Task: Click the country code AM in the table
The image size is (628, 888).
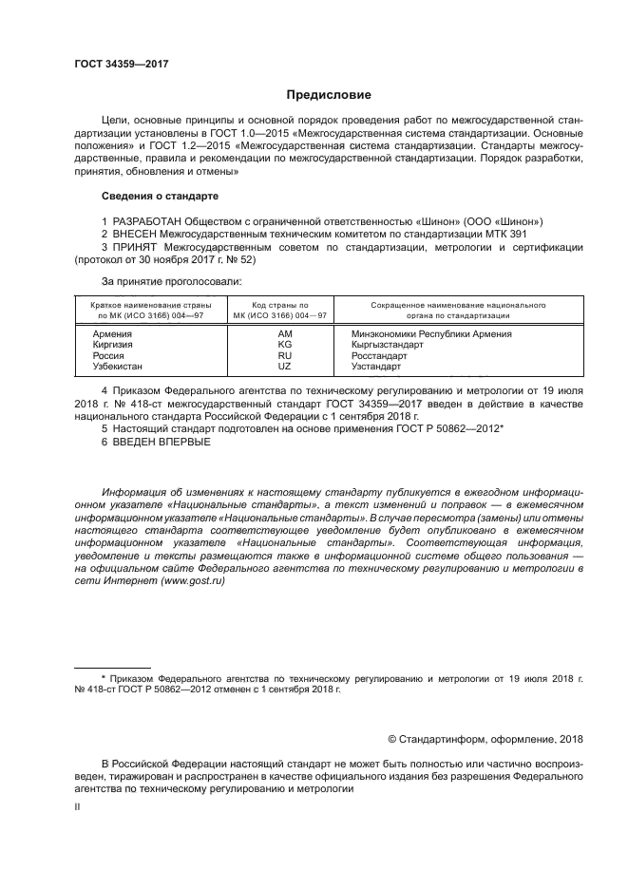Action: (x=285, y=334)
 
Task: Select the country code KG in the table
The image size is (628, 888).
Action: (x=285, y=345)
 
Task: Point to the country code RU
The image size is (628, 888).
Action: (x=285, y=355)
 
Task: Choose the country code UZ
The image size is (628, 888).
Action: (x=285, y=366)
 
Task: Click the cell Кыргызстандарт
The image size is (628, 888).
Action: (x=387, y=345)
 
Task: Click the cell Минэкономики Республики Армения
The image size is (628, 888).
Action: (x=430, y=334)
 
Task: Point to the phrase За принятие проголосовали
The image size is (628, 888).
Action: (x=158, y=282)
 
